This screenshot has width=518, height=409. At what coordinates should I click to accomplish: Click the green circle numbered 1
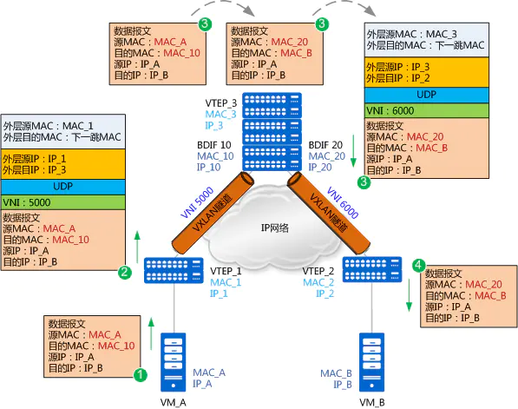pyautogui.click(x=140, y=375)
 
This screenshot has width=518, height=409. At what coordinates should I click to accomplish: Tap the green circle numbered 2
pyautogui.click(x=125, y=273)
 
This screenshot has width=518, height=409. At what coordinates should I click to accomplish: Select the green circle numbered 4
pyautogui.click(x=418, y=265)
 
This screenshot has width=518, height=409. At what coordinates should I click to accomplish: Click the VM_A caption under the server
pyautogui.click(x=174, y=402)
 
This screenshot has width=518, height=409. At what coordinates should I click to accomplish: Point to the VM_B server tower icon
pyautogui.click(x=371, y=362)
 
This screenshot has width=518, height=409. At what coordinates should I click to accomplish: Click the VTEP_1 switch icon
pyautogui.click(x=174, y=270)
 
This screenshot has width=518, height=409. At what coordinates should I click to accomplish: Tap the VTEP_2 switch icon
pyautogui.click(x=372, y=269)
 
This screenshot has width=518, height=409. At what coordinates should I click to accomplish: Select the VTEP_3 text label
pyautogui.click(x=220, y=103)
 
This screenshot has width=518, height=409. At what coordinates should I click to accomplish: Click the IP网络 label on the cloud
pyautogui.click(x=275, y=228)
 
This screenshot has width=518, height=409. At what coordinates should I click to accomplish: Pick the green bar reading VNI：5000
pyautogui.click(x=63, y=202)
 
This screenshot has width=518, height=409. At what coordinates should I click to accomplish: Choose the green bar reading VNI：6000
pyautogui.click(x=427, y=110)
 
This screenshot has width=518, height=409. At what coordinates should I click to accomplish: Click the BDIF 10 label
pyautogui.click(x=214, y=145)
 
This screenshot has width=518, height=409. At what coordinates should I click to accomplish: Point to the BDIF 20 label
pyautogui.click(x=325, y=145)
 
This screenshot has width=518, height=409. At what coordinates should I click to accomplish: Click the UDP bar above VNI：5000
pyautogui.click(x=63, y=188)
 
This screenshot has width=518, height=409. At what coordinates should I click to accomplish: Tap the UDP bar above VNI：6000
pyautogui.click(x=427, y=96)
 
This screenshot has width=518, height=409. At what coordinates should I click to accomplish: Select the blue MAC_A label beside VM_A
pyautogui.click(x=209, y=373)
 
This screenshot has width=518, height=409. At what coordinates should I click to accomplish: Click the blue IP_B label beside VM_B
pyautogui.click(x=343, y=385)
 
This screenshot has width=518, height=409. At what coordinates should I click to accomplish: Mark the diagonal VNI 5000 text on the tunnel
pyautogui.click(x=197, y=202)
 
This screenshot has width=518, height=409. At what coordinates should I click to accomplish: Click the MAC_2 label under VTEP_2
pyautogui.click(x=318, y=282)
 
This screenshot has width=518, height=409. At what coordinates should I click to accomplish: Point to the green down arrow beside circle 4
pyautogui.click(x=409, y=295)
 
